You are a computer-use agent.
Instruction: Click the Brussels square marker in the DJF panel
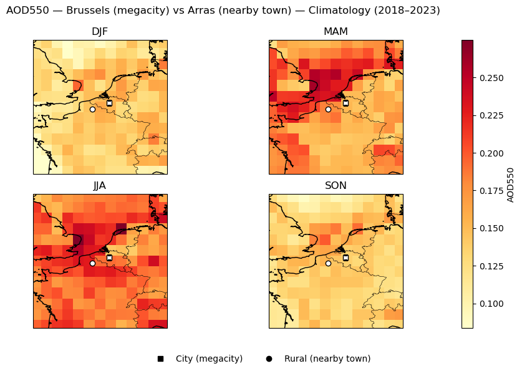109,104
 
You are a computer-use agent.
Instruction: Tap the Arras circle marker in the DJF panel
92,109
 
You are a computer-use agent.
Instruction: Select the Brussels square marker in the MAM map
346,104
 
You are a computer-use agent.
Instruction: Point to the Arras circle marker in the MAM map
328,109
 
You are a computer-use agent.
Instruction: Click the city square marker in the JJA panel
109,258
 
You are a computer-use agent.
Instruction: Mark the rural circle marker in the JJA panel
92,263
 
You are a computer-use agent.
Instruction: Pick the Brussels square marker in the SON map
346,258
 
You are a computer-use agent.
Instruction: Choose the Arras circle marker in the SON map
328,263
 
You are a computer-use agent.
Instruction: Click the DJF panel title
100,32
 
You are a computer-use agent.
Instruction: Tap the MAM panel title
336,32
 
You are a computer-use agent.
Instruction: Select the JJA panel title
100,186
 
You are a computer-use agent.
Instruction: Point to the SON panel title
336,186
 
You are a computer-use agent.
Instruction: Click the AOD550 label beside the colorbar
511,185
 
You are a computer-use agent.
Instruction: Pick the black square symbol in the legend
160,359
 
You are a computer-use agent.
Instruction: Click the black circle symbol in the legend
269,359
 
